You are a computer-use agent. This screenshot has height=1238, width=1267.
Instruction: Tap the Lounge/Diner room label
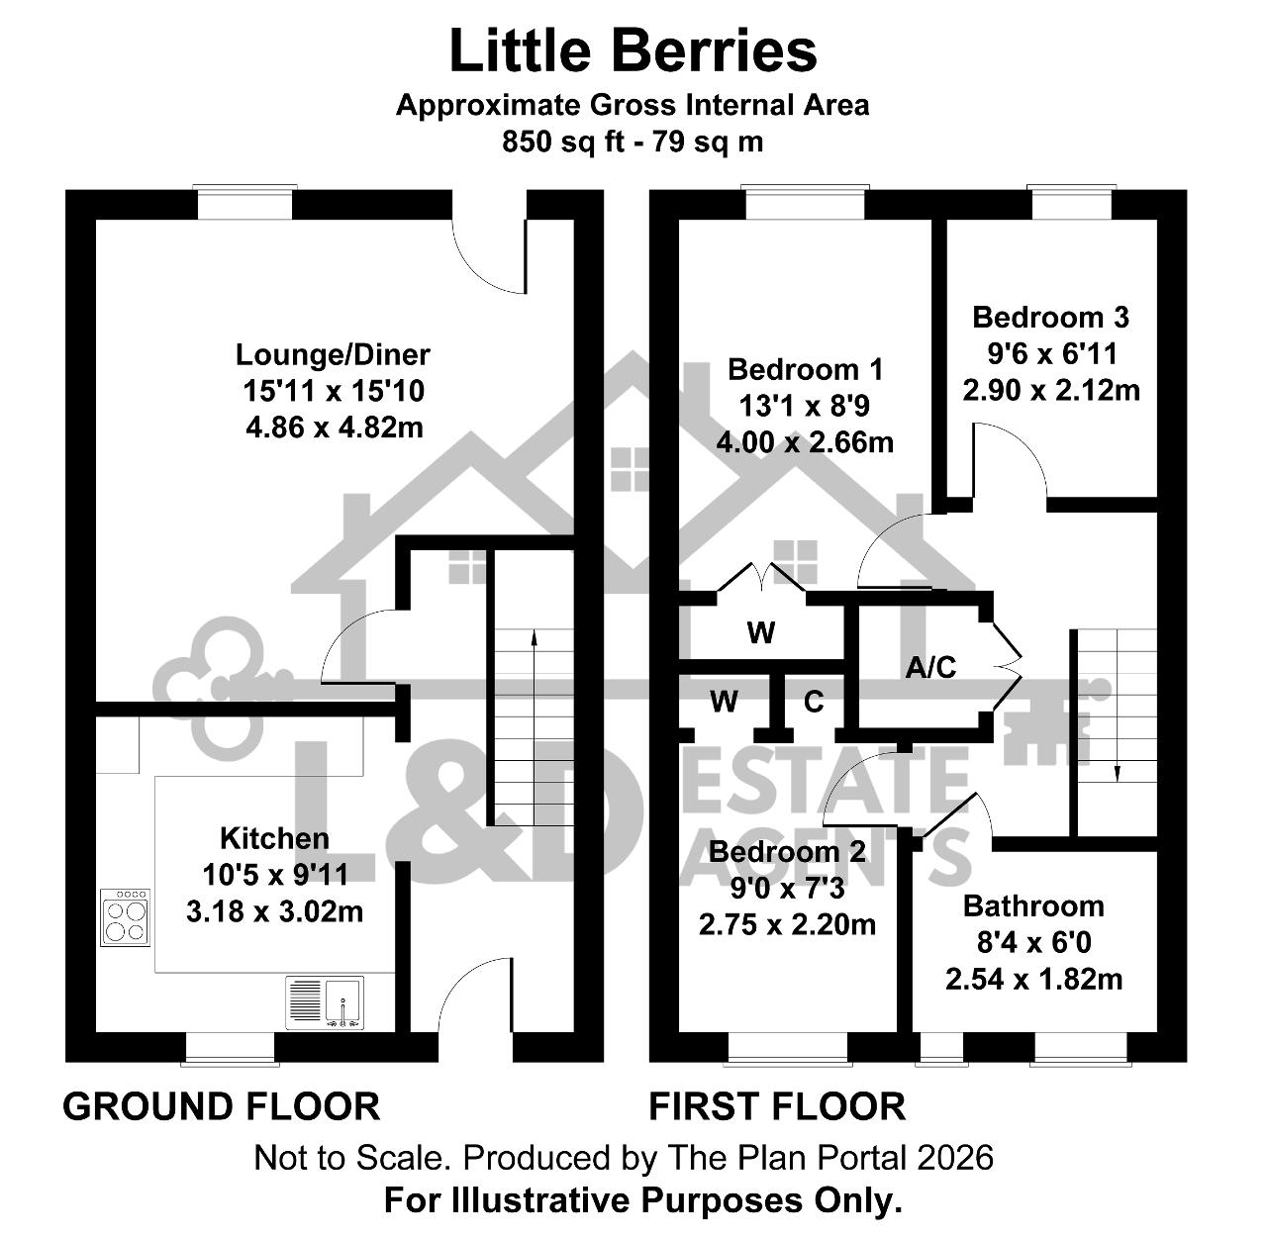click(333, 354)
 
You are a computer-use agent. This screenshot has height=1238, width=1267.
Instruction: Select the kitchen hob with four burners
click(126, 917)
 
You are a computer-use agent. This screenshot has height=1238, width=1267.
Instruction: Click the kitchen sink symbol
click(325, 1003)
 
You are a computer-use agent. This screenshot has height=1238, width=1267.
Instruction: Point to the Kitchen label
click(274, 839)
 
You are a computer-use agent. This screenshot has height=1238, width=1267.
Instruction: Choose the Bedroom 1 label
click(806, 370)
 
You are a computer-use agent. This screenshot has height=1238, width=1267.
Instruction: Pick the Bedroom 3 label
click(1050, 318)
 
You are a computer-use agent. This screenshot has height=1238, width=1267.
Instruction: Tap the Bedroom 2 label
click(787, 852)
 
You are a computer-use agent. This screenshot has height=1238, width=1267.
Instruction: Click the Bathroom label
click(1033, 906)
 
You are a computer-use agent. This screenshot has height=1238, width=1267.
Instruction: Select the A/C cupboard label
click(930, 667)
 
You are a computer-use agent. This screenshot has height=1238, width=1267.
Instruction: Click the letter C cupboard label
click(814, 702)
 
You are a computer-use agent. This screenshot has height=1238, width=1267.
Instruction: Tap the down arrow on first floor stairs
click(1118, 705)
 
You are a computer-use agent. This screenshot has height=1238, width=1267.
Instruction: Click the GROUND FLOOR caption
click(222, 1106)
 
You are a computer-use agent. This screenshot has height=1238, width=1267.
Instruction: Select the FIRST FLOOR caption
click(777, 1106)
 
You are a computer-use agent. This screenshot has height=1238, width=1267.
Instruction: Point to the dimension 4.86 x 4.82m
click(334, 428)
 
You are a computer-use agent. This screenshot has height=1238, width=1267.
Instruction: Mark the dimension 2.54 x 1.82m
click(1033, 980)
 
